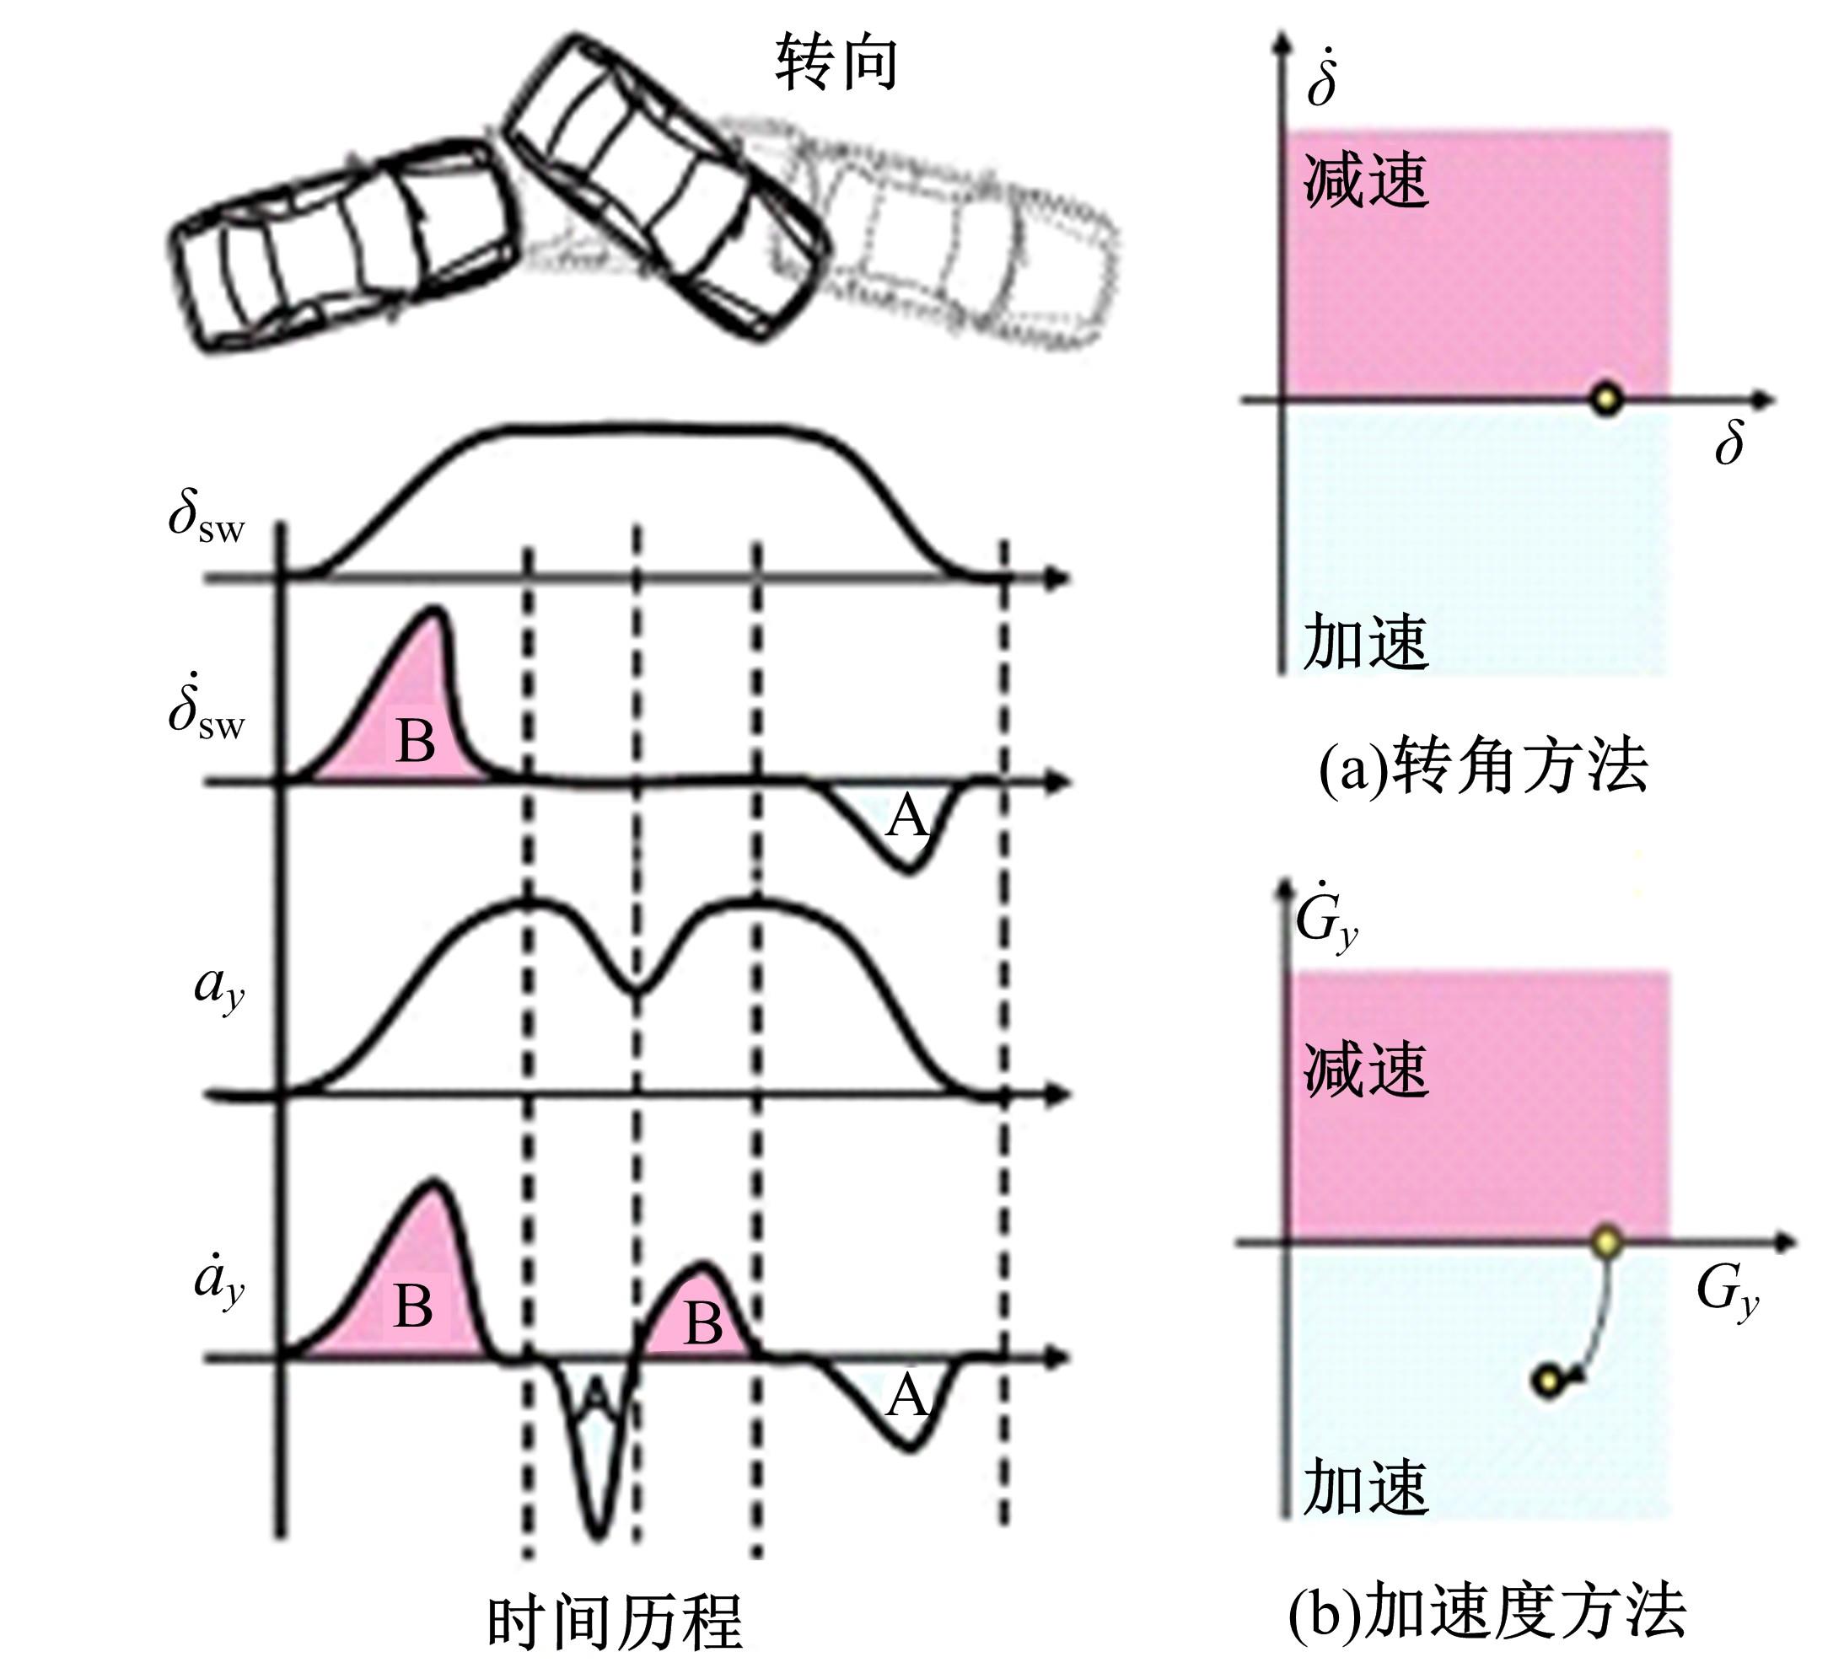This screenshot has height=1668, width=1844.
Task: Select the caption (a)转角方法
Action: pos(1482,766)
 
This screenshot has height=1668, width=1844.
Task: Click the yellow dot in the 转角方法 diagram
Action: pos(1606,399)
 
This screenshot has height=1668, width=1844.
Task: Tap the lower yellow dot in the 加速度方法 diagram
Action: pos(1549,1381)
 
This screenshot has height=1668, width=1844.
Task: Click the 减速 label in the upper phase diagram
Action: pos(1366,180)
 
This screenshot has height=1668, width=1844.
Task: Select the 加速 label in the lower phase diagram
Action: pos(1366,1487)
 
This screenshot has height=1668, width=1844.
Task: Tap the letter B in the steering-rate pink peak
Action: pos(416,740)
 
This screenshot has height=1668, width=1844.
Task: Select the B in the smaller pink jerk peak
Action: pos(702,1322)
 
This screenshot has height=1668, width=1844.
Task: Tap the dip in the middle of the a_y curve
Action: pos(637,990)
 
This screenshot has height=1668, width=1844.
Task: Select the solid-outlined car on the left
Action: pos(341,244)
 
